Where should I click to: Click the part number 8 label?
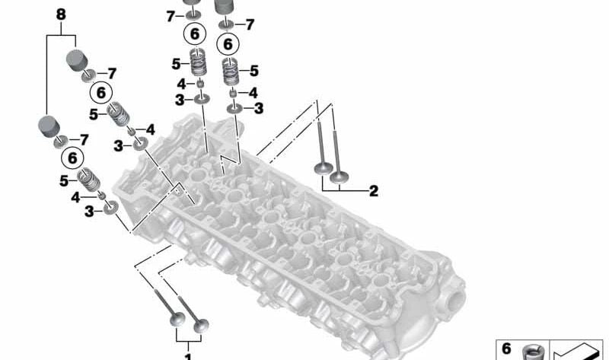(x=61, y=14)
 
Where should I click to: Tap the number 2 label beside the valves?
(x=373, y=191)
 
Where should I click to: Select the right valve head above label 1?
(x=200, y=328)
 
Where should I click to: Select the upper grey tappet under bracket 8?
(x=78, y=59)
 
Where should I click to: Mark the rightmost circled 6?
(x=227, y=45)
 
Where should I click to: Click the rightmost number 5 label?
(x=253, y=71)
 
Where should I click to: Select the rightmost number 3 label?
(x=258, y=109)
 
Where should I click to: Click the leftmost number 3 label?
(x=89, y=212)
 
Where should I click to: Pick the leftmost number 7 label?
(x=84, y=139)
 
